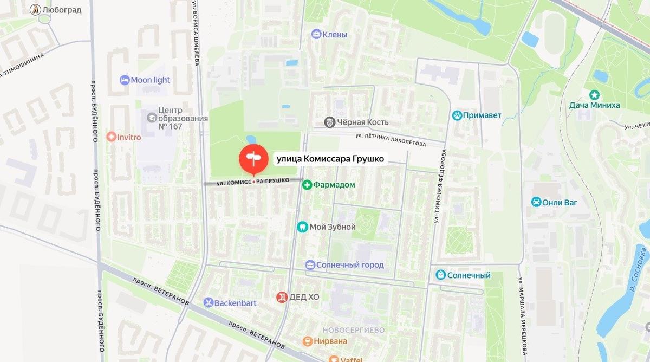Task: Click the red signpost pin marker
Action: tap(253, 159)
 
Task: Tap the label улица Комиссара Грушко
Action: tap(330, 159)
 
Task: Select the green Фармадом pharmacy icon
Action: tap(307, 185)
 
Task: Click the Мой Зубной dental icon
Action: tap(303, 227)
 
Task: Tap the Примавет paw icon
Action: tap(458, 115)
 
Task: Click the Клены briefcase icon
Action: tap(316, 35)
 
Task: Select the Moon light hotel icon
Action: tap(125, 80)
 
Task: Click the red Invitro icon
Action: tap(112, 137)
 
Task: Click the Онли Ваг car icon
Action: tap(536, 202)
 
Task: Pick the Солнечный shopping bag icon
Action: tap(441, 275)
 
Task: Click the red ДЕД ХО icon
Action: tap(282, 297)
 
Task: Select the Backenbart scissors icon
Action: tap(208, 302)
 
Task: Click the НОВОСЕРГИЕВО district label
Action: tap(353, 329)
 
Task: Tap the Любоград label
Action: tap(62, 10)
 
